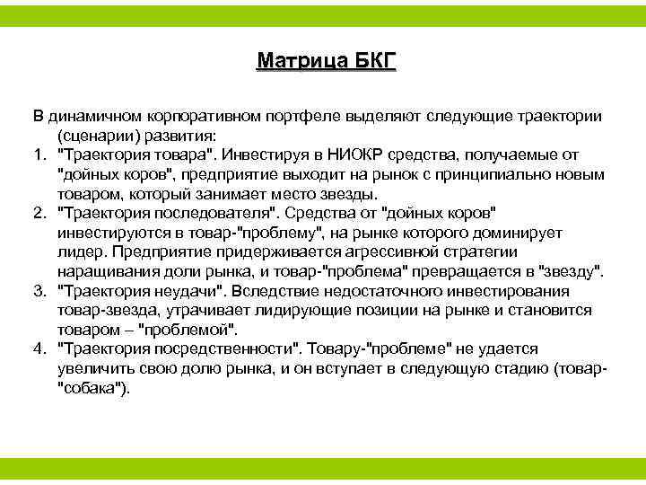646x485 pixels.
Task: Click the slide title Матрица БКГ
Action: click(326, 62)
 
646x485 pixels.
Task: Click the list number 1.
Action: click(39, 154)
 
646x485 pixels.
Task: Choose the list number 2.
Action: click(39, 212)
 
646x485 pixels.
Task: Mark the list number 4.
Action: click(39, 348)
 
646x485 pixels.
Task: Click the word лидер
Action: click(77, 251)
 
